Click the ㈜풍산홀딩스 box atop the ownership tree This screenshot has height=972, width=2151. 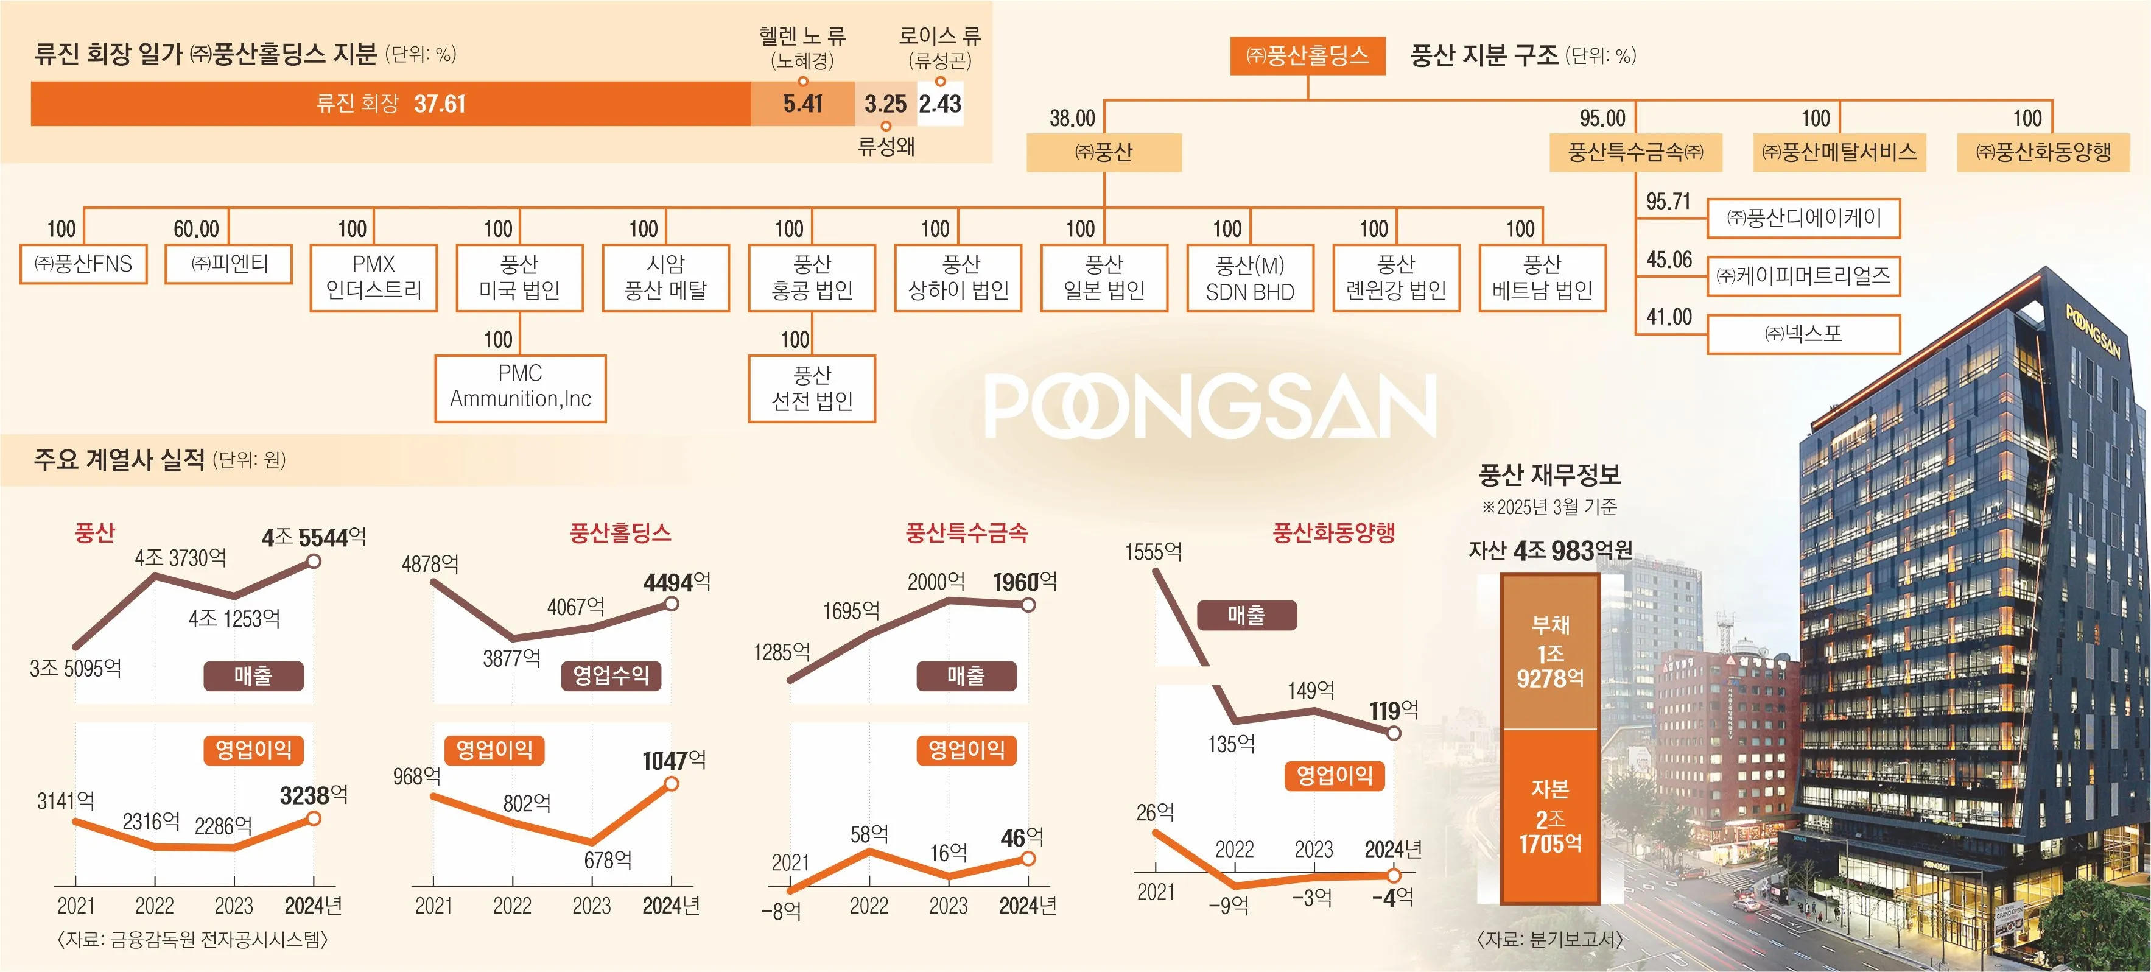click(1308, 56)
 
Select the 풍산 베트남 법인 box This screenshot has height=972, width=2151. click(1542, 277)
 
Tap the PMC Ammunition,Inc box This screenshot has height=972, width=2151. click(520, 387)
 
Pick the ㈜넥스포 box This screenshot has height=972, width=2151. click(1803, 334)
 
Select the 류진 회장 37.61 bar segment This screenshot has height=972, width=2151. click(391, 104)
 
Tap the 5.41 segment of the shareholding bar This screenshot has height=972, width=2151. click(802, 104)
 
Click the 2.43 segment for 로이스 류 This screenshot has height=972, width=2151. click(940, 104)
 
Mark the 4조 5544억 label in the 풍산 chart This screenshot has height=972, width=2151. click(314, 537)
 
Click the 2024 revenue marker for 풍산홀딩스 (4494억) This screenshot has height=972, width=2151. click(672, 603)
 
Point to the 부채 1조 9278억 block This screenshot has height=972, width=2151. click(1550, 651)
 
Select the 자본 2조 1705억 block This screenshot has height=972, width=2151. click(1550, 817)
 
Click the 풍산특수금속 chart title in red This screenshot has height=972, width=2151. click(966, 533)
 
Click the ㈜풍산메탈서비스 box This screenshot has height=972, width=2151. click(1839, 152)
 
